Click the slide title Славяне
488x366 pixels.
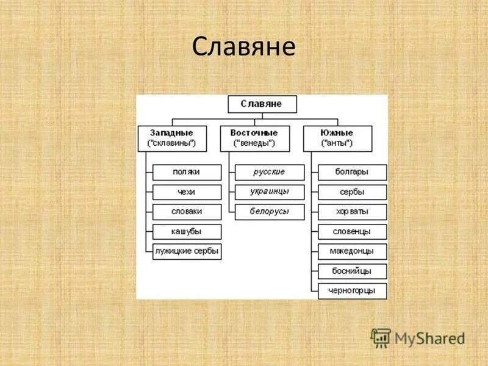click(x=243, y=47)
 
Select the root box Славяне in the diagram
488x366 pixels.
click(x=262, y=104)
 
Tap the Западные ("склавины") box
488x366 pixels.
click(x=171, y=138)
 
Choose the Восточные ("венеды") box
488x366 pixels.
click(x=254, y=138)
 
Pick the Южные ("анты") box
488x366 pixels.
click(x=337, y=138)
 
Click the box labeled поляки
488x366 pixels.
click(x=187, y=173)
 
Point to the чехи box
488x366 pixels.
click(x=187, y=192)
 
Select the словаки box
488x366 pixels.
click(x=187, y=212)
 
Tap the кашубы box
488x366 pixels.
click(x=187, y=232)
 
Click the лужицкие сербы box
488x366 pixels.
click(x=187, y=251)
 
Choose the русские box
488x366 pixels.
click(x=270, y=173)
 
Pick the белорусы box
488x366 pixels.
click(x=270, y=212)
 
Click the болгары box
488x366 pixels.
click(x=352, y=173)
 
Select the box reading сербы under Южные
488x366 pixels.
click(x=352, y=192)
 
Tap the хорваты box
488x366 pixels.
click(x=352, y=212)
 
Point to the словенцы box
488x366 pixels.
click(x=352, y=232)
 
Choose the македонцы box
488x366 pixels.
click(x=352, y=251)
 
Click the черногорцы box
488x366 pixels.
click(x=352, y=290)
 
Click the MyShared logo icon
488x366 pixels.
click(x=381, y=337)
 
